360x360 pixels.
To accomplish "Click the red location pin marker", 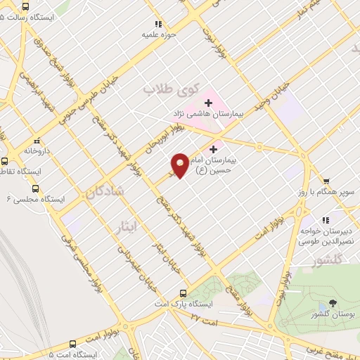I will click(x=180, y=165).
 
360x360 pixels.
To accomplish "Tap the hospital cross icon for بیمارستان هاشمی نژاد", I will click(x=208, y=103).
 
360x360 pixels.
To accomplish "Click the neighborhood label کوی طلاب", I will click(x=162, y=90).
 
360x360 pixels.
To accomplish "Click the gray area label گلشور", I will click(x=326, y=261).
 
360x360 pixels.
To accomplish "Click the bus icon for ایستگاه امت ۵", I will click(x=73, y=343).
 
